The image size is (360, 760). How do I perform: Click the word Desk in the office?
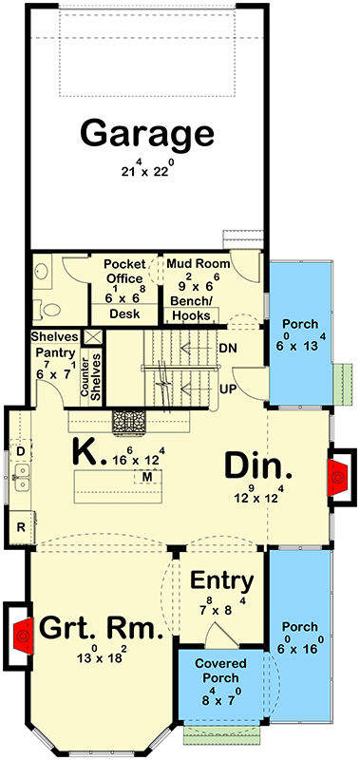tap(125, 313)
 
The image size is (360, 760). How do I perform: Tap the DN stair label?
tap(228, 348)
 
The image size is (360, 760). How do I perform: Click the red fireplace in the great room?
tap(21, 631)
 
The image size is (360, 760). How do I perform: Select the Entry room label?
tap(221, 580)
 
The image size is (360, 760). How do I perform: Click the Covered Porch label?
tap(221, 671)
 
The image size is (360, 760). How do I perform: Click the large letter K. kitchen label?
tap(87, 453)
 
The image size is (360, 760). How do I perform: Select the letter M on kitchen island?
tap(147, 475)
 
